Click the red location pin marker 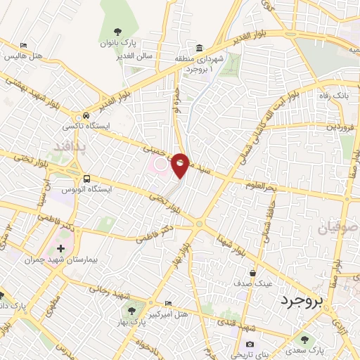[x=180, y=165]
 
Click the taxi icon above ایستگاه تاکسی [x=86, y=115]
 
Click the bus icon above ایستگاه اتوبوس [x=86, y=179]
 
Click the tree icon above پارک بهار [x=130, y=309]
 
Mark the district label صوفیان [x=340, y=228]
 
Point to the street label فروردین [x=340, y=127]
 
